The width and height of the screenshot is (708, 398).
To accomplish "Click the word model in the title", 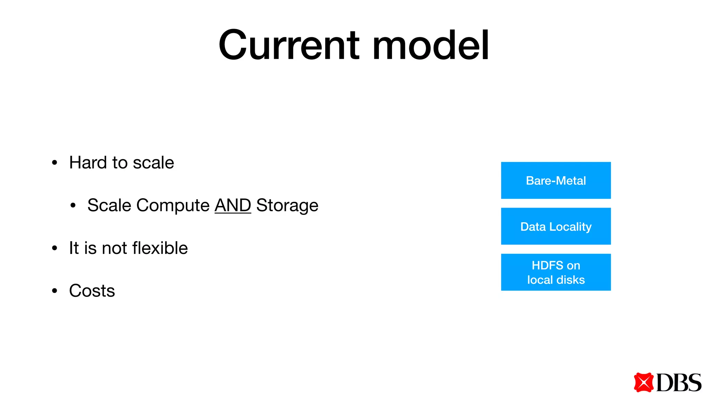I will [430, 46].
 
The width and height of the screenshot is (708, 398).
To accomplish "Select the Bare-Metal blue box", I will [556, 180].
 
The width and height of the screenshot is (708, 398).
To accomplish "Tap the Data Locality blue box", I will [556, 226].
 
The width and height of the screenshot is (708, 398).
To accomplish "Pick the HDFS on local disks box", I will [556, 272].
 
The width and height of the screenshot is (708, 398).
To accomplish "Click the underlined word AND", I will [233, 205].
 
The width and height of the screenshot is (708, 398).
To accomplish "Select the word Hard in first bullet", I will [88, 162].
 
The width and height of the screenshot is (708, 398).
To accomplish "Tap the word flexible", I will [160, 248].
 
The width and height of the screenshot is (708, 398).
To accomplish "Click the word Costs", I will [92, 291].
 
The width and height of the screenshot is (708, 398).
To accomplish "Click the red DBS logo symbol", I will [643, 382].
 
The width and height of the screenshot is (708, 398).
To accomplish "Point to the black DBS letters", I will [678, 383].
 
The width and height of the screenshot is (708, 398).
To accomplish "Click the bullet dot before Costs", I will [54, 291].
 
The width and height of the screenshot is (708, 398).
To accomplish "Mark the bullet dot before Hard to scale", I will [54, 163].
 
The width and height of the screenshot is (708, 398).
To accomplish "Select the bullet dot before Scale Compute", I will [73, 206].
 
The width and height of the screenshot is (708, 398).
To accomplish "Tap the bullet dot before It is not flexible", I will [54, 248].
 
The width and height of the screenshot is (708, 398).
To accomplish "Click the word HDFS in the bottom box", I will [547, 265].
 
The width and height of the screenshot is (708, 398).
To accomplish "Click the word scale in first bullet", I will [153, 163].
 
